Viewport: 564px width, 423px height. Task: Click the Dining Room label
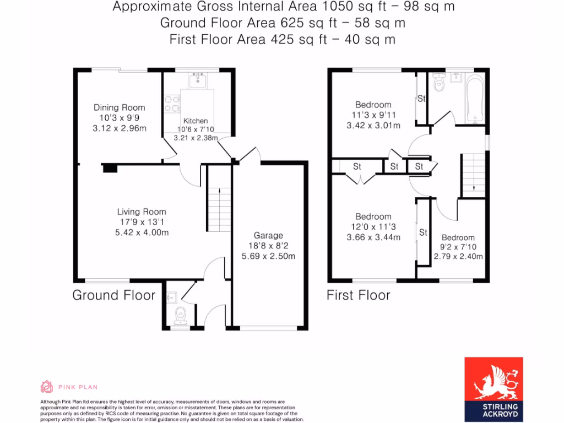tap(120, 107)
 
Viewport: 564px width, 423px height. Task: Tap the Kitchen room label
tap(196, 121)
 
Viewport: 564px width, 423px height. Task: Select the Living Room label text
tap(142, 211)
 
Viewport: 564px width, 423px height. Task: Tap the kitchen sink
tap(197, 82)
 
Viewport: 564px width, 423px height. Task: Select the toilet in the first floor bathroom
tap(439, 83)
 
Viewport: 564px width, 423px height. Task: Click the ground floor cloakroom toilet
tap(180, 316)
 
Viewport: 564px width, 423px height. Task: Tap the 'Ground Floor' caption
tap(114, 295)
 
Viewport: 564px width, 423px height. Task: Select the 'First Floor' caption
tap(358, 295)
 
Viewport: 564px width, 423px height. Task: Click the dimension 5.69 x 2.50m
tap(268, 256)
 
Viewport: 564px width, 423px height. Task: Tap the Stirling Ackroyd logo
tap(493, 386)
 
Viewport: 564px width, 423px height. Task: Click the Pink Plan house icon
tap(47, 387)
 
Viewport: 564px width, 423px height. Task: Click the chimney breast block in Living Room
tap(110, 168)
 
